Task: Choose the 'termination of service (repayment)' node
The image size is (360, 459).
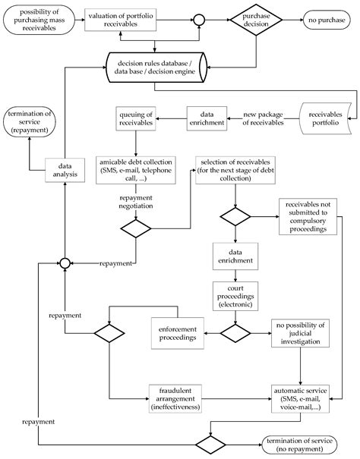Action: [x=30, y=122]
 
